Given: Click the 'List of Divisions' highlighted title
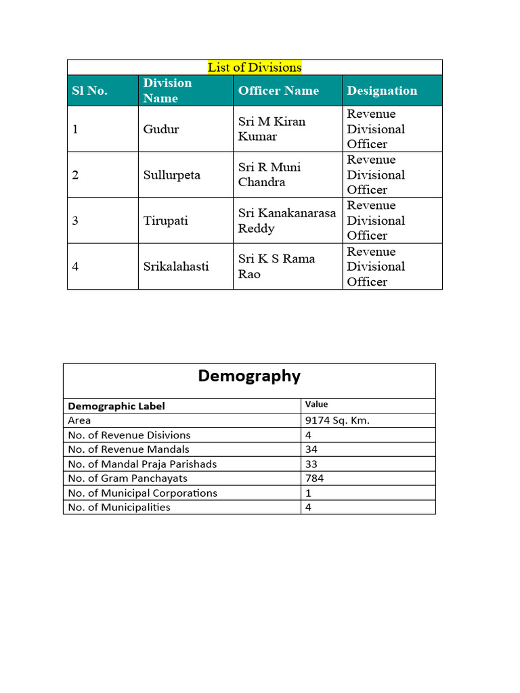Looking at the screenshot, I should point(255,67).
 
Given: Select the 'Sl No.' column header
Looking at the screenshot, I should point(90,91).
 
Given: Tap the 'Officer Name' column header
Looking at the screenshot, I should point(278,91).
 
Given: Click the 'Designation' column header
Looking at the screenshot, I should point(382,91).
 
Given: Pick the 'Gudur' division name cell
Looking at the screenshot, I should point(161,129).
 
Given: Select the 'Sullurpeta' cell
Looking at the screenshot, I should point(172,175).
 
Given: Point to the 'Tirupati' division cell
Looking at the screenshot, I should point(166,221).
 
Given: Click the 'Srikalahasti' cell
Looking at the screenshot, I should point(176,266).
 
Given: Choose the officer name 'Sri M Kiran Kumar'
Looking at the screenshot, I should point(272,129).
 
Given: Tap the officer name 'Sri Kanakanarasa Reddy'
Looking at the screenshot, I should point(286,221).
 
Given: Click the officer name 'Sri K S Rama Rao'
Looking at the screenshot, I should point(276,266).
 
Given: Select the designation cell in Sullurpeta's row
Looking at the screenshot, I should point(376,175).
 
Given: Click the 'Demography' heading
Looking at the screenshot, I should point(249,376).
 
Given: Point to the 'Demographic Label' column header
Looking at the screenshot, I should point(116,406).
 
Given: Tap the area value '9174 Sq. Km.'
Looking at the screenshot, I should point(337,420).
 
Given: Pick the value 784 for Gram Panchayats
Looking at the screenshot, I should point(314,478).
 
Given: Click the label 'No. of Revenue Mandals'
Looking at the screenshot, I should point(129,449).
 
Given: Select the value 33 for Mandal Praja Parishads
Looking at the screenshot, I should point(311,464).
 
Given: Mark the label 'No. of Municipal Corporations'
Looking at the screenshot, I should point(143,493).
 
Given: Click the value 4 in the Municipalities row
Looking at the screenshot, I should point(309,507).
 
